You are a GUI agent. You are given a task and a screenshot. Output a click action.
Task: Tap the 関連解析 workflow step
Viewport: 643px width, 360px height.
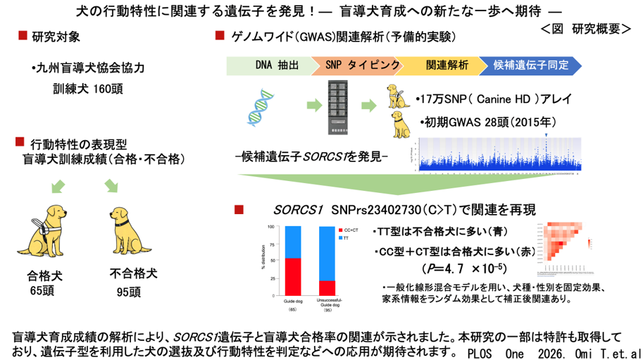[447, 65]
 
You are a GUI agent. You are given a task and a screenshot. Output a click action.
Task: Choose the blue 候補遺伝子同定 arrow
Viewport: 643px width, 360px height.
[532, 65]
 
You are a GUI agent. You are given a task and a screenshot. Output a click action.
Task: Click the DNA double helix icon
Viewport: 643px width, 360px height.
[261, 112]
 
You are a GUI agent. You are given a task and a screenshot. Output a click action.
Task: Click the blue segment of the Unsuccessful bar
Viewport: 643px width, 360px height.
[327, 253]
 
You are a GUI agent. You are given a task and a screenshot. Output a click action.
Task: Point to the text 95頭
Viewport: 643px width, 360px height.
[129, 291]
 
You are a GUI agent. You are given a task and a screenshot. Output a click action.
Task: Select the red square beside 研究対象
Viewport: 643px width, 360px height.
[22, 35]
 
